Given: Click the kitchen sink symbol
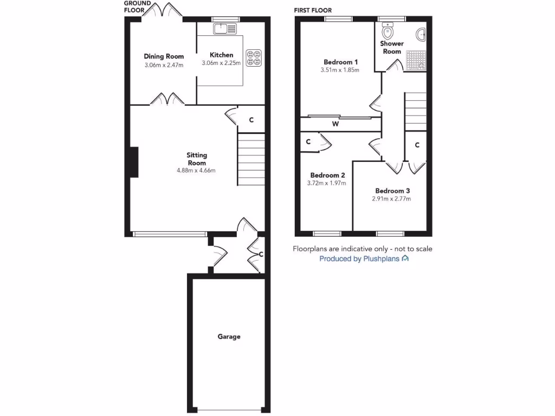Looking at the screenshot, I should click(225, 29).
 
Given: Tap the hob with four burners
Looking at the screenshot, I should click(254, 58).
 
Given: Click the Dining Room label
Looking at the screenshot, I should click(164, 56).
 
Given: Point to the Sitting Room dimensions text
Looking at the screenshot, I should click(196, 171).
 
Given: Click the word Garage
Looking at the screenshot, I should click(229, 337).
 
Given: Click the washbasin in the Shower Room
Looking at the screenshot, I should click(421, 35).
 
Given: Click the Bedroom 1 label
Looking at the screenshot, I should click(340, 62).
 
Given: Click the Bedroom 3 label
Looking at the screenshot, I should click(392, 191).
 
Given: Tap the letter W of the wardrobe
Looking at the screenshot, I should click(336, 124).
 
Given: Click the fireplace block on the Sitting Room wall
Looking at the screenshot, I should click(133, 162).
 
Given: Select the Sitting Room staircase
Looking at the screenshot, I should click(251, 160).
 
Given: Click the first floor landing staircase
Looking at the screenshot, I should click(416, 111).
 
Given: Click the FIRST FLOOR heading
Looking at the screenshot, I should click(313, 10).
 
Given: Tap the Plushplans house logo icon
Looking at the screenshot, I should click(405, 259).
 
